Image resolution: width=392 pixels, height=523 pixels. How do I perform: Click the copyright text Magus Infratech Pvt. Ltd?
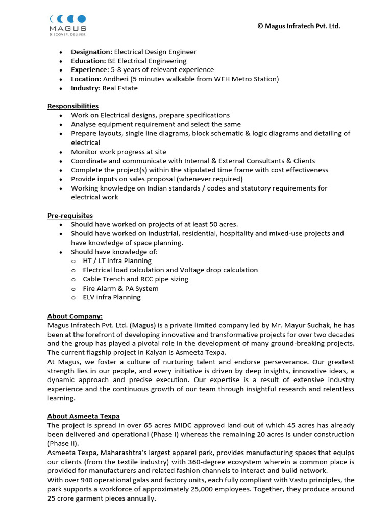pyautogui.click(x=299, y=26)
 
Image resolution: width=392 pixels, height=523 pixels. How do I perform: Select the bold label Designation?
pyautogui.click(x=91, y=52)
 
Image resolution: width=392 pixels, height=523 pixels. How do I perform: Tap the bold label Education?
pyautogui.click(x=88, y=61)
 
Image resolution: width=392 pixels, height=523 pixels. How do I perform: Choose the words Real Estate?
pyautogui.click(x=120, y=88)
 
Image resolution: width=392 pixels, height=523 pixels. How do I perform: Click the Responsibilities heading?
pyautogui.click(x=73, y=106)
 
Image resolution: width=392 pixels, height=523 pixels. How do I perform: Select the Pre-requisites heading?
pyautogui.click(x=70, y=216)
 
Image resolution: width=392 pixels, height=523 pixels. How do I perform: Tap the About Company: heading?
pyautogui.click(x=75, y=316)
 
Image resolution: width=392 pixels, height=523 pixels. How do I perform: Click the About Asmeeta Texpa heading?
pyautogui.click(x=84, y=416)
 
